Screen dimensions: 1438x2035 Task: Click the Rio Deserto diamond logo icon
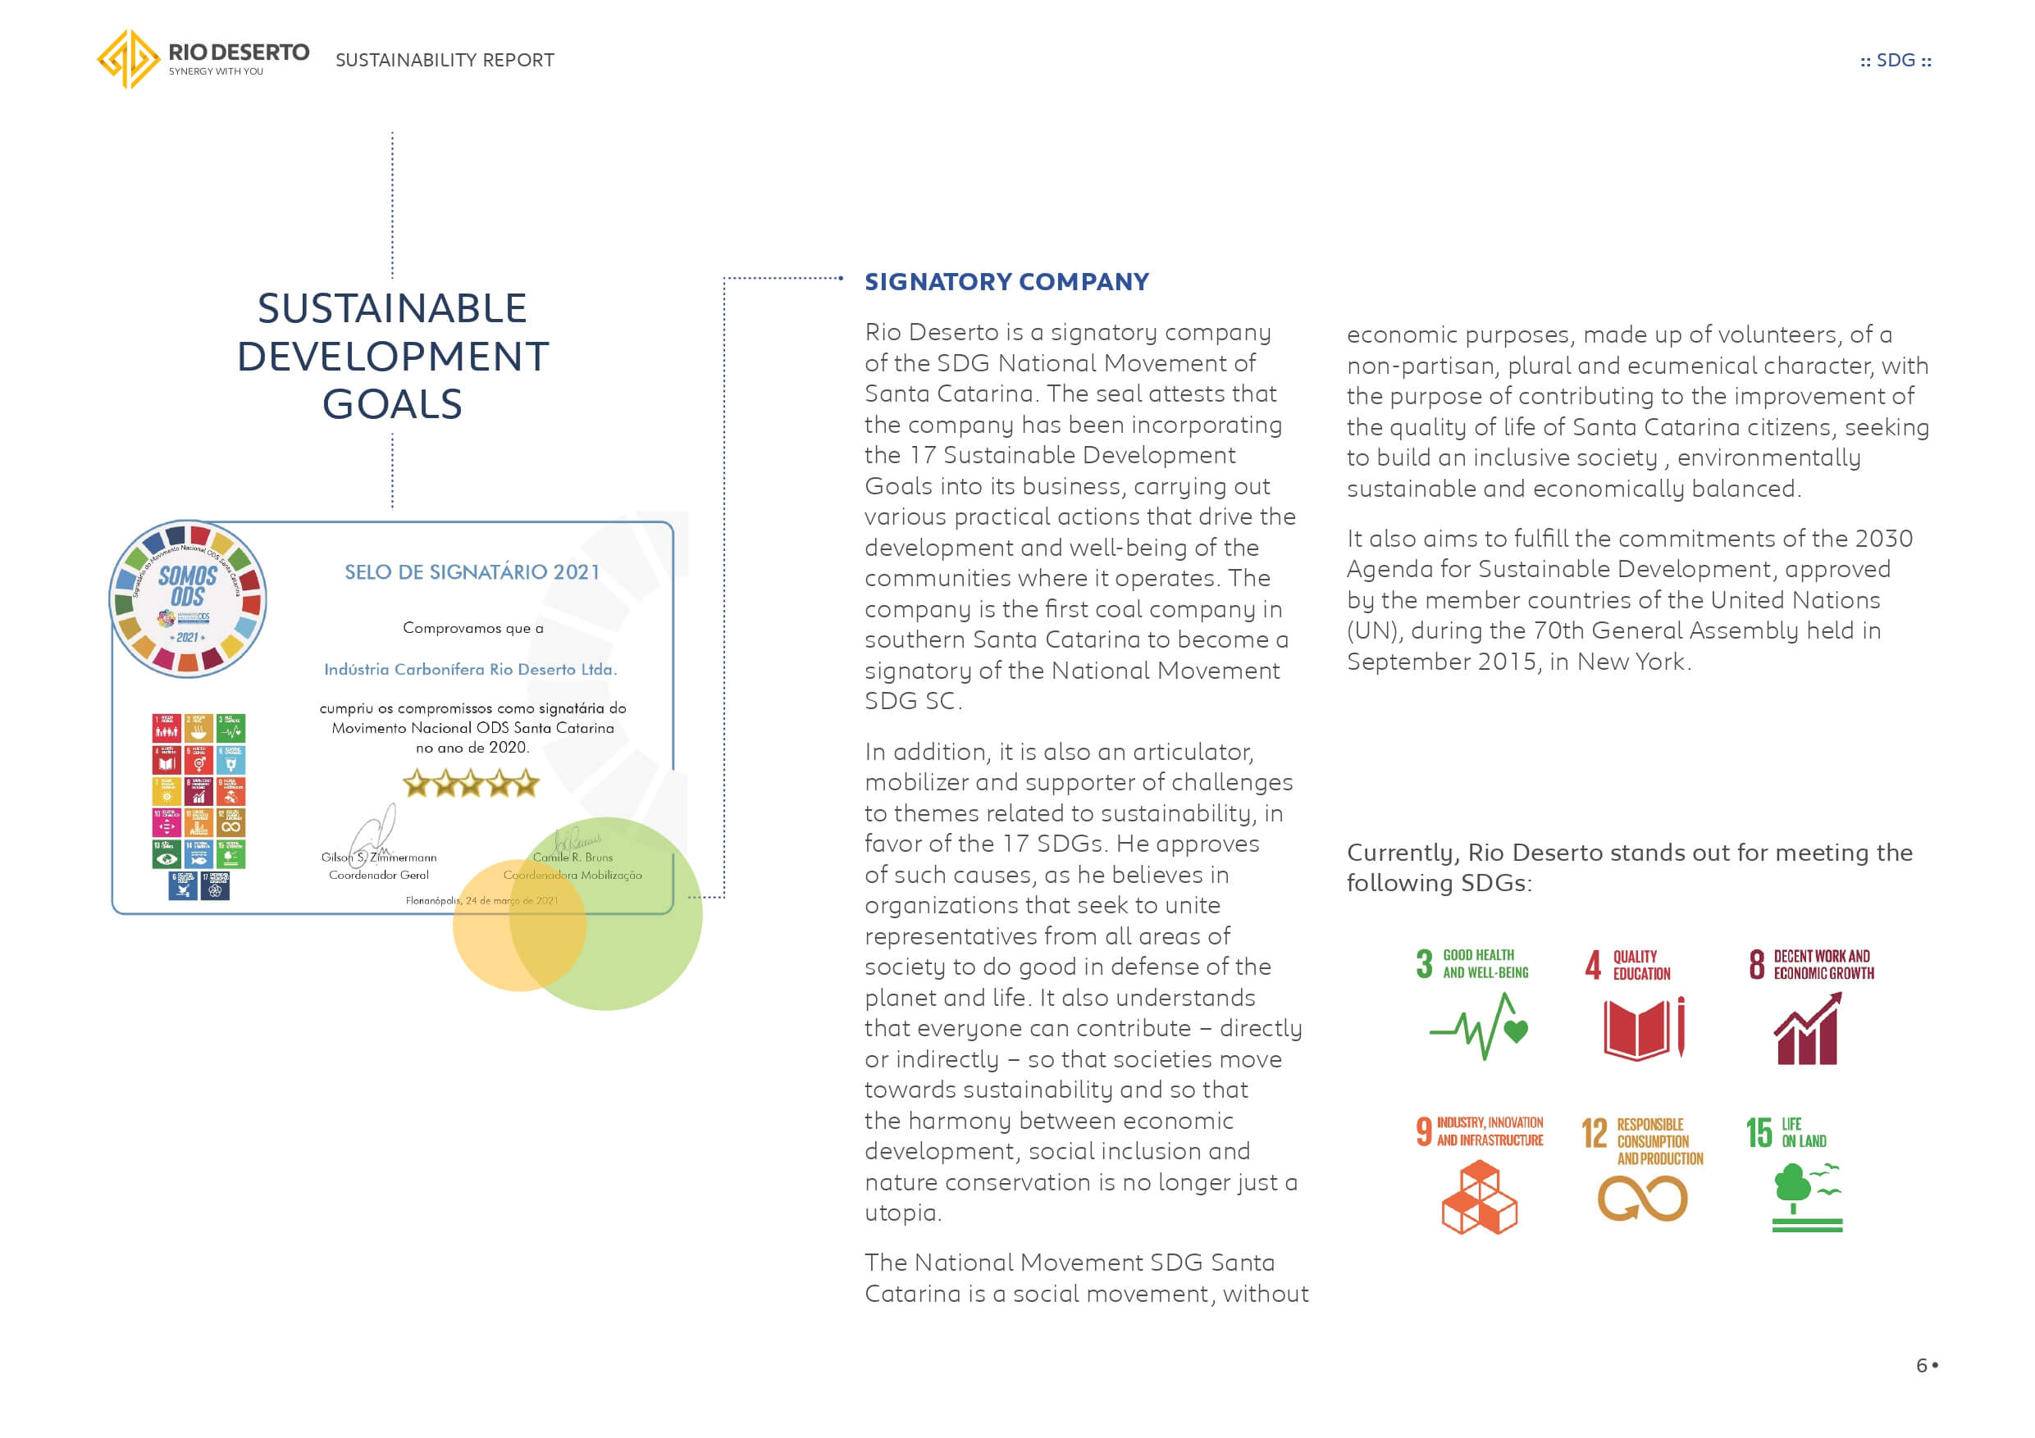click(129, 58)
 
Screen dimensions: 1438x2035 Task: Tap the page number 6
click(1921, 1365)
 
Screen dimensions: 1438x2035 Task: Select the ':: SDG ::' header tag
click(1895, 60)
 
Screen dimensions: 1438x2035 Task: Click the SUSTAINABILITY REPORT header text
click(444, 60)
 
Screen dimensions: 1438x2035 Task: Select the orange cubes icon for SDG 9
click(1478, 1198)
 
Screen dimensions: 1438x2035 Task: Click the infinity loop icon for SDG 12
click(1641, 1199)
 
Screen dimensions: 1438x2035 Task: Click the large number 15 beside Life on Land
click(1759, 1132)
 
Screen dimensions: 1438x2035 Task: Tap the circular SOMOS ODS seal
click(188, 600)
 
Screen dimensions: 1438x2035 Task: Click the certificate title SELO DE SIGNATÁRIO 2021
click(472, 572)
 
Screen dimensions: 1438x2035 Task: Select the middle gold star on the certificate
click(471, 783)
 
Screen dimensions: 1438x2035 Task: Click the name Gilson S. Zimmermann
click(378, 857)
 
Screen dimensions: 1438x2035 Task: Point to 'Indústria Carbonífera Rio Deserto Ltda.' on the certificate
click(470, 669)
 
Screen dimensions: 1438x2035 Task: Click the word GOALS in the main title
click(392, 405)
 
